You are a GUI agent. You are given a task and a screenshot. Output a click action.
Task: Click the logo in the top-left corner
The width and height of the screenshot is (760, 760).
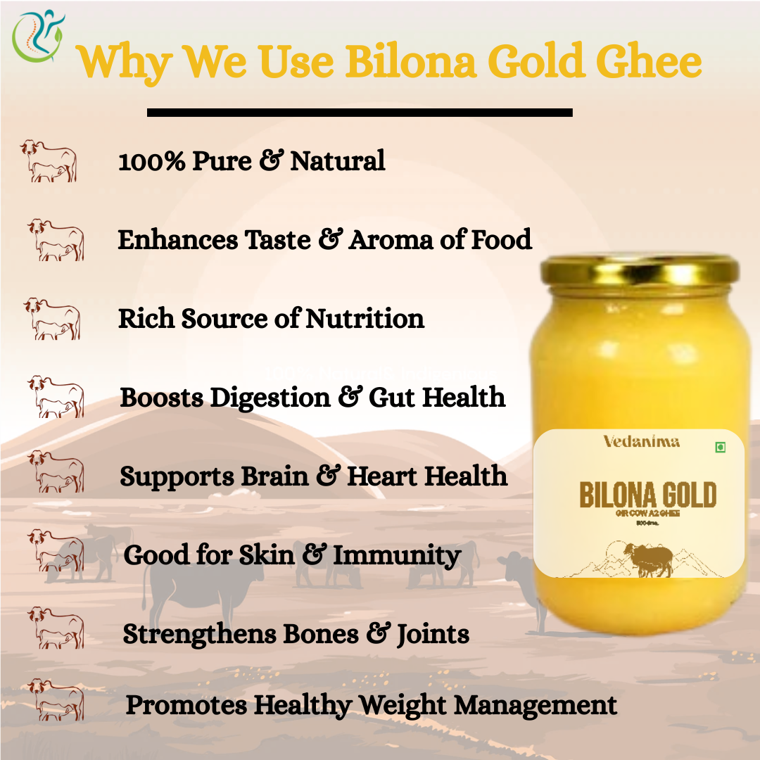pos(38,35)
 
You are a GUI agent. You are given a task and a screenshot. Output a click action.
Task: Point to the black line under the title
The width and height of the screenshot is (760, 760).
pos(359,112)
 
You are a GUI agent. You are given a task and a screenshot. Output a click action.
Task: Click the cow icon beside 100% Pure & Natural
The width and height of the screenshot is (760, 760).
pos(49,161)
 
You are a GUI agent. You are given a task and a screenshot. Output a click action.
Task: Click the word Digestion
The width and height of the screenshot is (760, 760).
pos(271,398)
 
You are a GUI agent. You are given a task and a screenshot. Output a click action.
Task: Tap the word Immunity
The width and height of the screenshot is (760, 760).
pos(397,555)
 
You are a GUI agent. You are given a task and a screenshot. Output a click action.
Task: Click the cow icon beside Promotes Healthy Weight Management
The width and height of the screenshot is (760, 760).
pos(56,699)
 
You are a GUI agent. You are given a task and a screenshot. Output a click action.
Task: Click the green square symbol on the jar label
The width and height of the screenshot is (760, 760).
pos(720,448)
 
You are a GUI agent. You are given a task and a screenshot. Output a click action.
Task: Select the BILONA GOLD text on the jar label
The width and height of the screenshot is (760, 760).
pos(647,495)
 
